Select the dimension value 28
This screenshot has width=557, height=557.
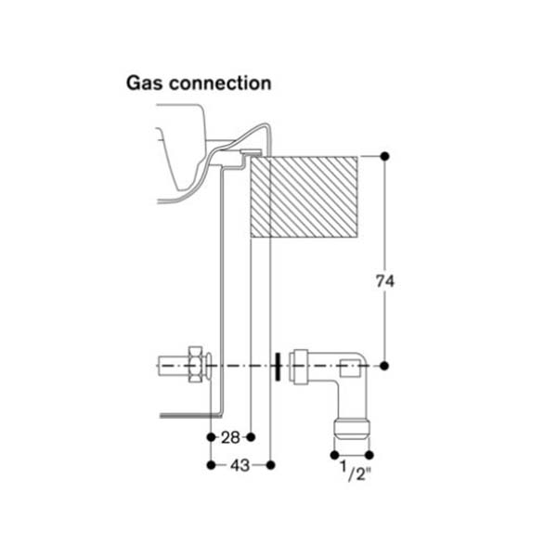(x=231, y=436)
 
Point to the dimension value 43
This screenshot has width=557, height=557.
(x=240, y=464)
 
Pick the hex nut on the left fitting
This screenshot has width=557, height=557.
(x=195, y=366)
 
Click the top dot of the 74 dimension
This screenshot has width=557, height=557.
(x=384, y=155)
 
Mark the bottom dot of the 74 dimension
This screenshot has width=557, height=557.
(x=384, y=366)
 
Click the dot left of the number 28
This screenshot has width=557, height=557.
(x=212, y=436)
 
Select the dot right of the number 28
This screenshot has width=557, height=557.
(x=252, y=436)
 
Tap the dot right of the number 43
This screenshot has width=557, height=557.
(x=269, y=464)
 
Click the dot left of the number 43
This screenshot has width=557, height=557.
(x=212, y=464)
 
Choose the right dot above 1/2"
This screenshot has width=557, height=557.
(x=369, y=455)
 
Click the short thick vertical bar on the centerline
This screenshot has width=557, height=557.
(x=278, y=366)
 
